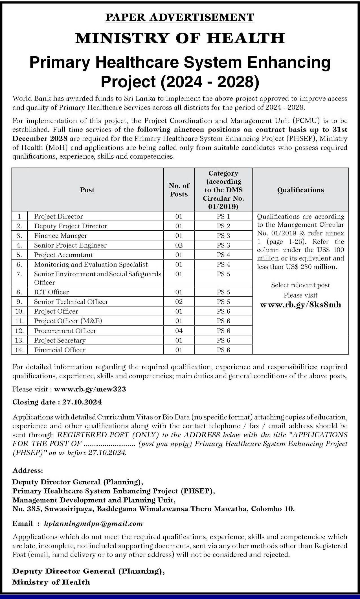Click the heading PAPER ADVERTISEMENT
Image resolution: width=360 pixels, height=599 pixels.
coord(180,17)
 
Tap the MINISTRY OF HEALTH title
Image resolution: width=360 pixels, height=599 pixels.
coord(180,38)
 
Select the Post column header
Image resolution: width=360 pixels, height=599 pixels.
coord(87,190)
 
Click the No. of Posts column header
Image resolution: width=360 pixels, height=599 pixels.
coord(179,190)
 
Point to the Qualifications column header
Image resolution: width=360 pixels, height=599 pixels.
coord(300,190)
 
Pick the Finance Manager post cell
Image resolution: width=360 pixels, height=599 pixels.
coord(61,236)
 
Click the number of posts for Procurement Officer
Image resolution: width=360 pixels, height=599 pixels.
coord(179,331)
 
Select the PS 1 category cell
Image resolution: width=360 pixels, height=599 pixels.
coord(223,217)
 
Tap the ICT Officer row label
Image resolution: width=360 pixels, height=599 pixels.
coord(51,292)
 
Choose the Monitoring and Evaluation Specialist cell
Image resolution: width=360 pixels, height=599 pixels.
coord(91,264)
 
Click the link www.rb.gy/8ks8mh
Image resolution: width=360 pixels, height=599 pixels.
coord(300,305)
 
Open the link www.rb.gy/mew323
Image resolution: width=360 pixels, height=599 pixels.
coord(90,389)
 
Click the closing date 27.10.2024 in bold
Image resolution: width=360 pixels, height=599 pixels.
coord(82,402)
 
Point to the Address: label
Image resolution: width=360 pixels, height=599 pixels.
coord(28,470)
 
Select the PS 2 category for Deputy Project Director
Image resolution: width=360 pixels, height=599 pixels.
coord(223,226)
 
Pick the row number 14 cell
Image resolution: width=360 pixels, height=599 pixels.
coord(19,350)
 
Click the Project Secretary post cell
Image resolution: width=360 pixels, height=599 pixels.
coord(60,340)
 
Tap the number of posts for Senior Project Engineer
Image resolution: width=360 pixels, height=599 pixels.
coord(179,245)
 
